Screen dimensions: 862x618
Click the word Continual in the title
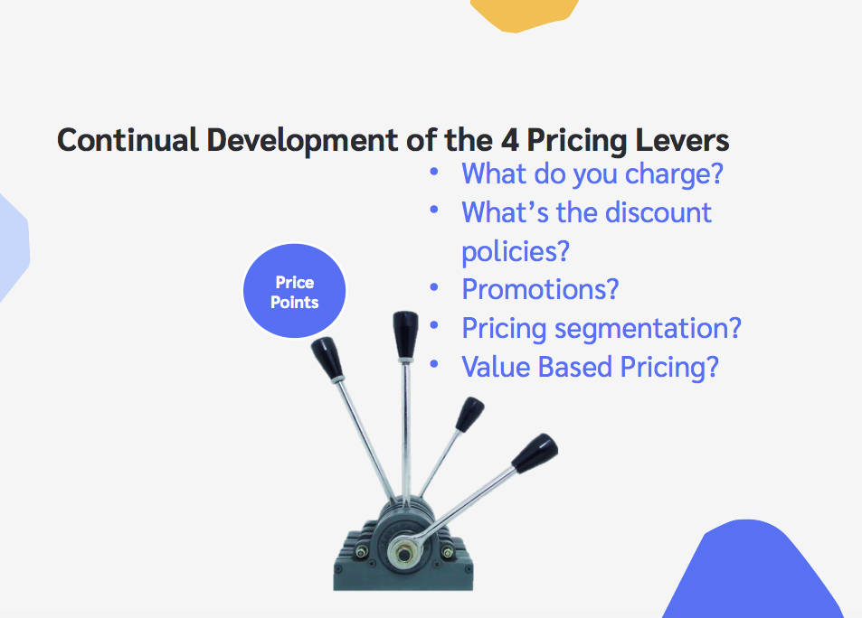(x=128, y=139)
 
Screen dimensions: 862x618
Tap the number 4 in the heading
(x=509, y=140)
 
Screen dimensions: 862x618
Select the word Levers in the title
(x=682, y=140)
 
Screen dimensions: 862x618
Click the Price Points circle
(x=295, y=291)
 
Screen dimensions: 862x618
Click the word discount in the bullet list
(x=658, y=212)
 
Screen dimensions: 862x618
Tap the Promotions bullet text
(x=540, y=289)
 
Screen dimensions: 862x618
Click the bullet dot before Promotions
(x=434, y=286)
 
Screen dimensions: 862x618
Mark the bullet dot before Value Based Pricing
(x=434, y=363)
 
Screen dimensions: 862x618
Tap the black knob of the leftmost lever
(x=327, y=358)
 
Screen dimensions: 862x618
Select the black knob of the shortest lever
(x=469, y=414)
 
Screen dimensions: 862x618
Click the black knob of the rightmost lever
(x=535, y=453)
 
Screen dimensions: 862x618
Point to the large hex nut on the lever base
(x=404, y=553)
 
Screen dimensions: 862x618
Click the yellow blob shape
(x=525, y=14)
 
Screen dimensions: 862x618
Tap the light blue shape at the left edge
(x=14, y=248)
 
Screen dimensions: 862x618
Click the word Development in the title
(x=302, y=141)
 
